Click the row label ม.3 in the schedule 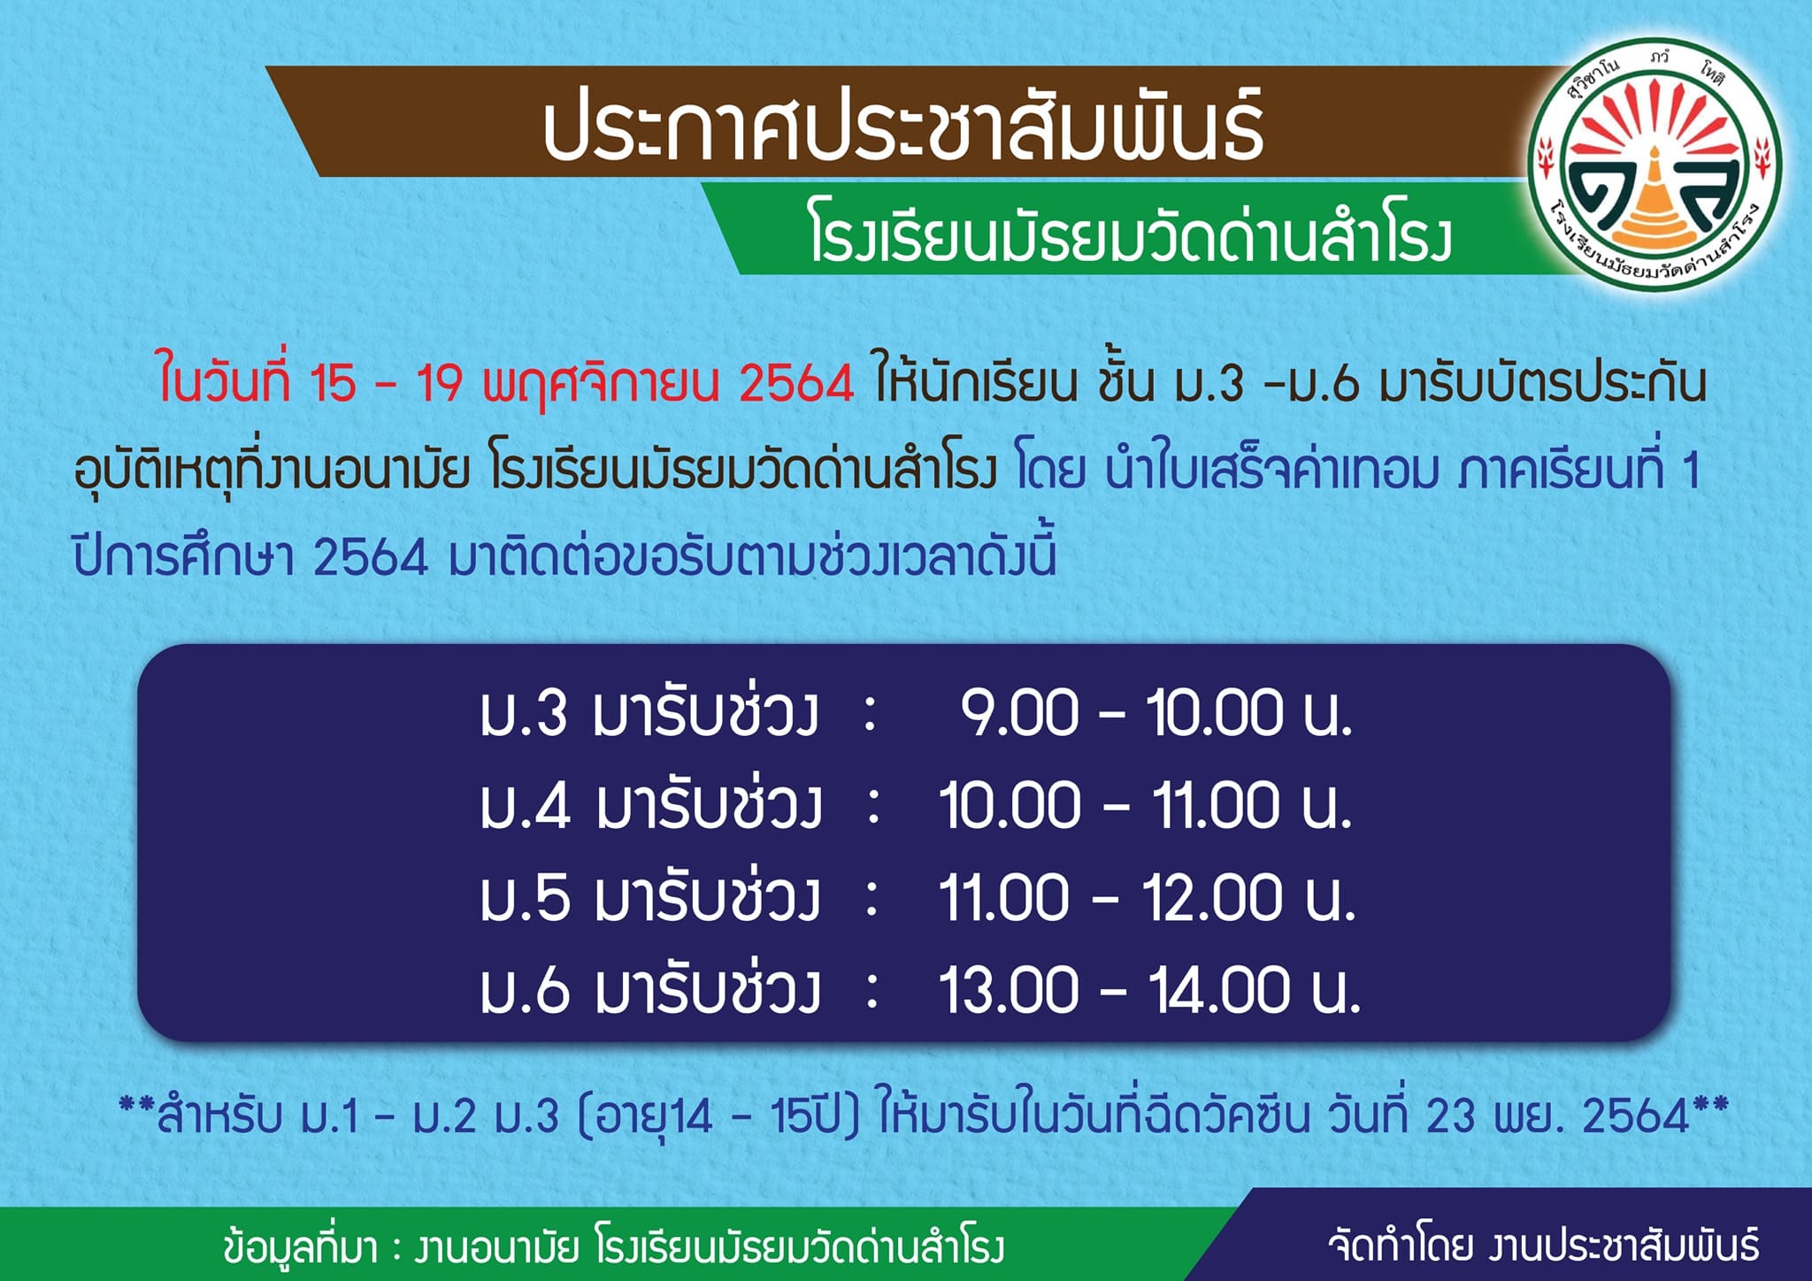(x=524, y=713)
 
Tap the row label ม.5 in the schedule (x=524, y=898)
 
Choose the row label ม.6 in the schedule (x=525, y=990)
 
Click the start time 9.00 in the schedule (x=1019, y=713)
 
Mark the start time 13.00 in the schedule (x=1009, y=990)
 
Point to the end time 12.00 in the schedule (x=1212, y=898)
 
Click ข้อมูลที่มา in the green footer (x=302, y=1246)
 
